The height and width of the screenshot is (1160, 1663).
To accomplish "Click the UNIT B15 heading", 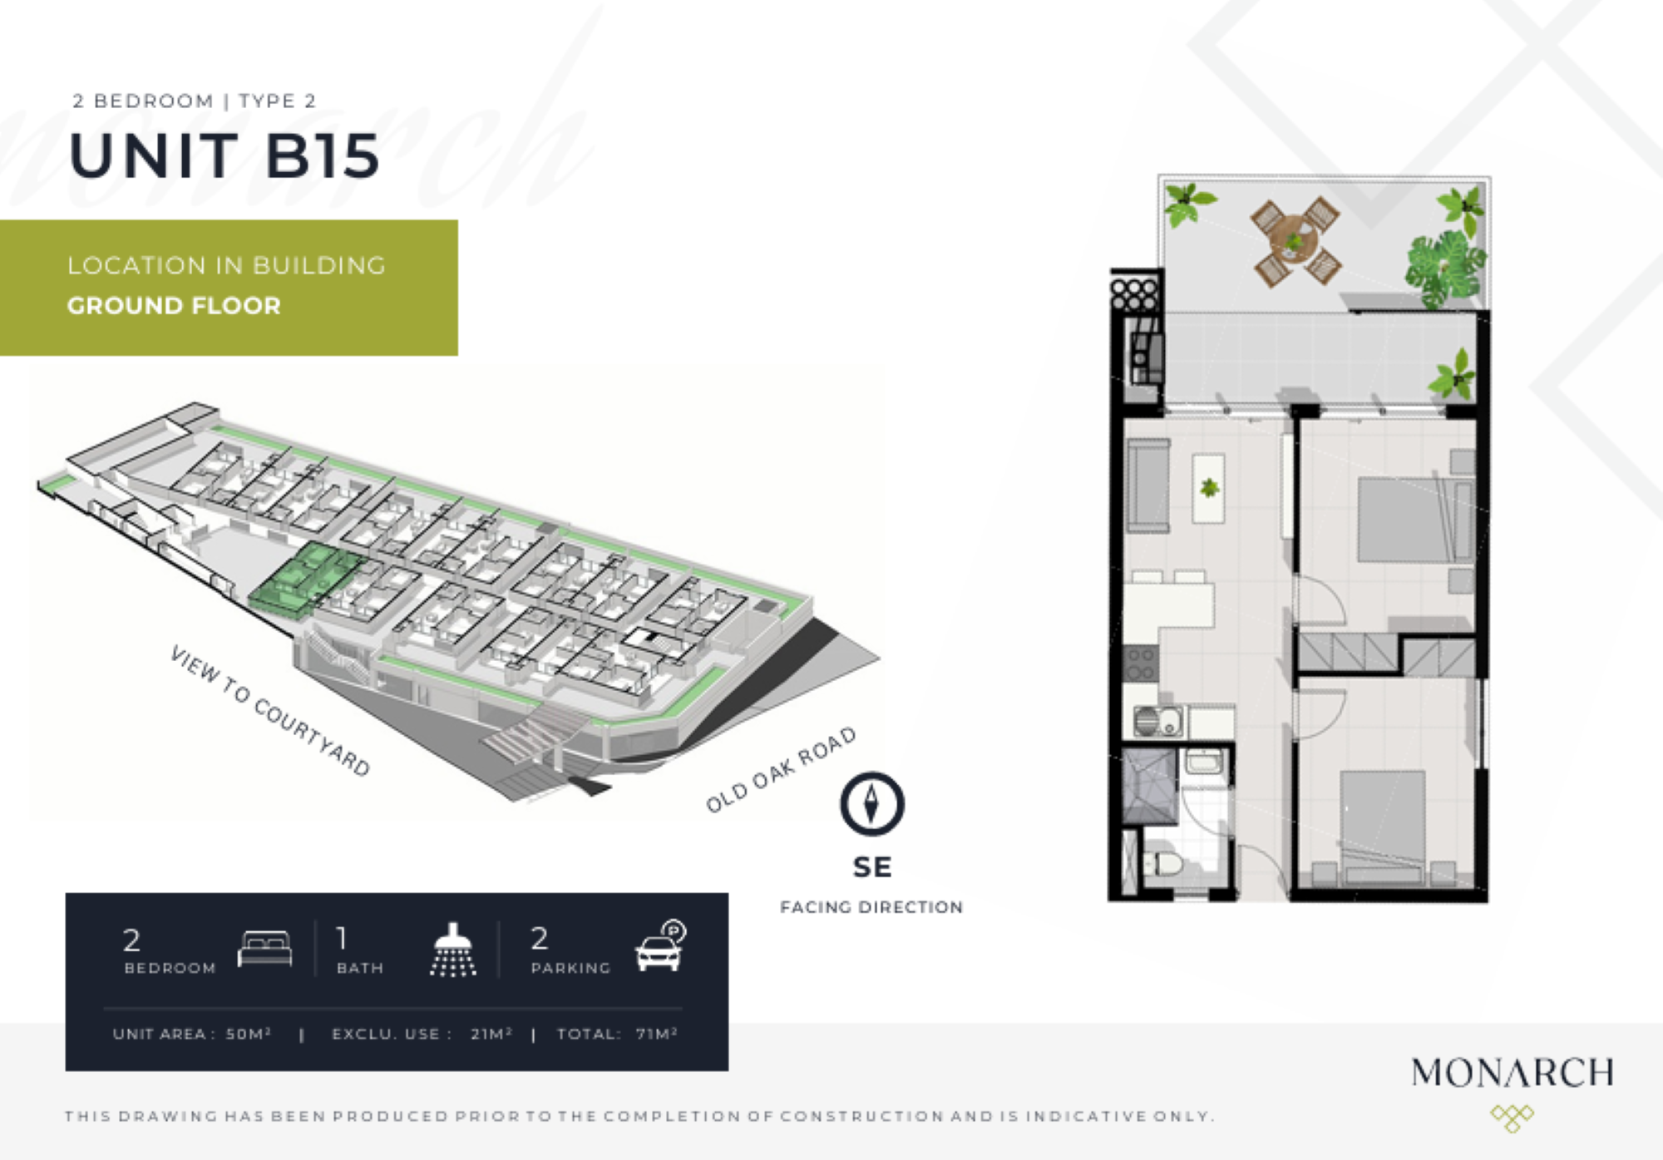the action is (x=225, y=155).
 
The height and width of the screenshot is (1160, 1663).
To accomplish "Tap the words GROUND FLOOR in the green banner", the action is (x=174, y=306).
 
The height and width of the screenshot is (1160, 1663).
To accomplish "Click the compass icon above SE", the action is (x=871, y=804).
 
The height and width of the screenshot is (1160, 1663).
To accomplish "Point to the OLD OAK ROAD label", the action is (x=781, y=769).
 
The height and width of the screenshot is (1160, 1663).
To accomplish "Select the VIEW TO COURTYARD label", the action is (x=270, y=711).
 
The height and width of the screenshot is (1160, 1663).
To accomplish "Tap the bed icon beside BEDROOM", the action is (x=265, y=948).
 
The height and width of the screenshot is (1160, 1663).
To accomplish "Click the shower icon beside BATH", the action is (x=453, y=949).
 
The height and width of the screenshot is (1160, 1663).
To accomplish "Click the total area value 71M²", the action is (x=657, y=1034).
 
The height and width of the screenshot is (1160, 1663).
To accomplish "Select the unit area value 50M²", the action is (x=249, y=1034).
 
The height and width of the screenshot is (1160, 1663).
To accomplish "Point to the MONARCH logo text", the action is (x=1512, y=1073).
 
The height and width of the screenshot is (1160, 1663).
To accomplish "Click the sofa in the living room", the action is (x=1148, y=486).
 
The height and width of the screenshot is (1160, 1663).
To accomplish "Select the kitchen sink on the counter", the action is (x=1158, y=721).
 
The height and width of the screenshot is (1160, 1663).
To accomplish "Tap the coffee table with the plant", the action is (x=1208, y=488).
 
